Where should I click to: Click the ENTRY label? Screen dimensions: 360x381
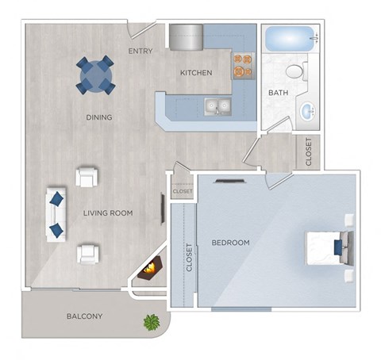click(140, 52)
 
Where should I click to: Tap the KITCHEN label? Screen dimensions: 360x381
click(195, 73)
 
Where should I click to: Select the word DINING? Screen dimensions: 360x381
click(99, 117)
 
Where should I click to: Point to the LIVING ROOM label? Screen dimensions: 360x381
click(108, 213)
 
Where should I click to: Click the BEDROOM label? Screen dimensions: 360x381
click(230, 243)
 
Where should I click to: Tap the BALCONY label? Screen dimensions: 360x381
click(84, 316)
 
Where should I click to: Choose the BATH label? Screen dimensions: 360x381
click(278, 93)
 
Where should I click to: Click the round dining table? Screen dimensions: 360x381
click(95, 75)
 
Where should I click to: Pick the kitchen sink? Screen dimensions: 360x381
click(216, 105)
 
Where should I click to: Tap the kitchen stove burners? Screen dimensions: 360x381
click(243, 65)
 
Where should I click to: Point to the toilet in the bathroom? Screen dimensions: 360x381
click(295, 72)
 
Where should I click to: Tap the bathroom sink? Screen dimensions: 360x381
click(307, 111)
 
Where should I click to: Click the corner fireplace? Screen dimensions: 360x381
click(150, 270)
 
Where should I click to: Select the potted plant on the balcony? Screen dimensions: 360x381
click(150, 322)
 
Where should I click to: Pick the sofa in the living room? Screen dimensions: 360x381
click(56, 215)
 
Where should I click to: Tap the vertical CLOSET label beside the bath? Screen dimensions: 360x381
click(309, 151)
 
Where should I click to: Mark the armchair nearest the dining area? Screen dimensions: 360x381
click(87, 176)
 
